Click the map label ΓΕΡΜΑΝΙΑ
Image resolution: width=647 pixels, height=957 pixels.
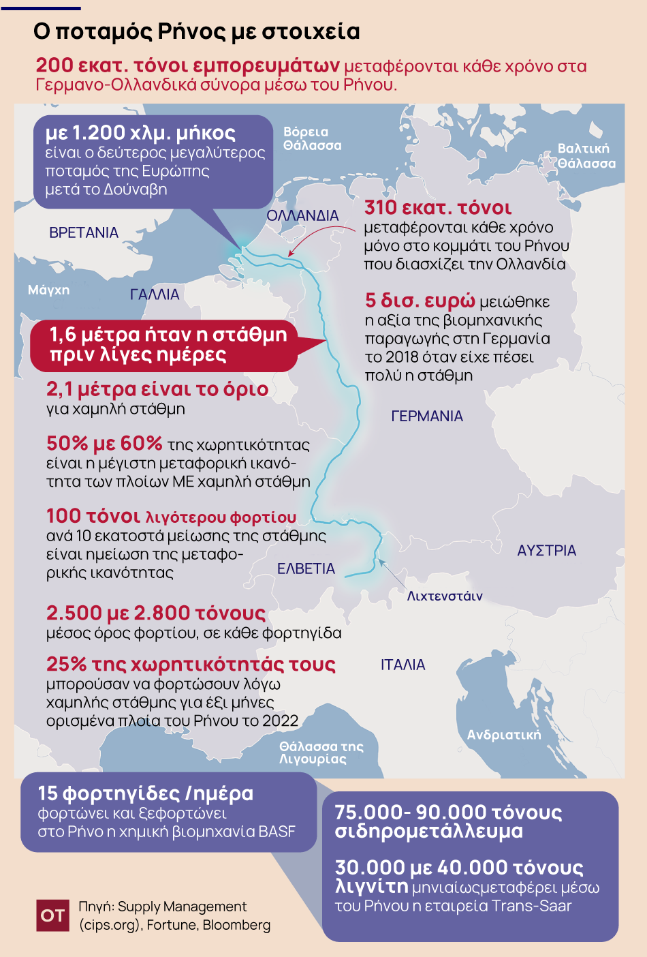(427, 416)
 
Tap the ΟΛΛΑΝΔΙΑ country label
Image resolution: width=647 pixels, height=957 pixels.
(302, 215)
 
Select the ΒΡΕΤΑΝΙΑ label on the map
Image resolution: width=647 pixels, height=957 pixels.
(84, 232)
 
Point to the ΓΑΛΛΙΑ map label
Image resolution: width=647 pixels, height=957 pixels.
(155, 294)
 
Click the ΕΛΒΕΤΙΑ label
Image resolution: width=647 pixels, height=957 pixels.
(306, 568)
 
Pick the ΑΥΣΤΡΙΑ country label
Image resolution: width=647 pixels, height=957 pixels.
(546, 550)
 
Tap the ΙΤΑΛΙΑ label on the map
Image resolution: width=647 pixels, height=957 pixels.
(403, 665)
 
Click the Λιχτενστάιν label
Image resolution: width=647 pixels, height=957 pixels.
(445, 596)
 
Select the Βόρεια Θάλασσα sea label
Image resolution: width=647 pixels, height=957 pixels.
(312, 138)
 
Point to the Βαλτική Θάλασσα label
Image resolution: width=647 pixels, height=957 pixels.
(586, 156)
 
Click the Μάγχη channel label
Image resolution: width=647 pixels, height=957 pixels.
(48, 290)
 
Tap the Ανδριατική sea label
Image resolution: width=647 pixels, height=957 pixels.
(504, 734)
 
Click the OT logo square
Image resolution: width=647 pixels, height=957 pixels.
(52, 915)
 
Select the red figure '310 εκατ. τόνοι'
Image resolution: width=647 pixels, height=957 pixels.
(438, 208)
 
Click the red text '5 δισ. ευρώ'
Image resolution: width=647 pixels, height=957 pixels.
(420, 300)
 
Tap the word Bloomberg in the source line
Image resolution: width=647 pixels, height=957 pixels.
(236, 925)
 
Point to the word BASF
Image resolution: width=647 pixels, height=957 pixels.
(277, 832)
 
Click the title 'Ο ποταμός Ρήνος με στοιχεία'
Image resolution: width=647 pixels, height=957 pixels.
(197, 31)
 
